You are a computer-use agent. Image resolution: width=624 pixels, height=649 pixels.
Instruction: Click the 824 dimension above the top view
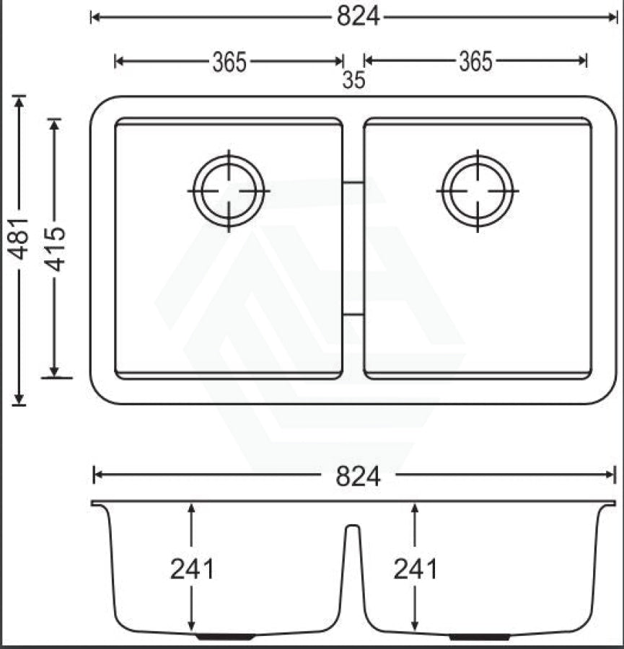[358, 17]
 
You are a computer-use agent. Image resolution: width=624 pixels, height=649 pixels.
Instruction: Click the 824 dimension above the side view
[358, 475]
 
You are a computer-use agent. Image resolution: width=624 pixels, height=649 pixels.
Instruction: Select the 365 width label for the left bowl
[229, 63]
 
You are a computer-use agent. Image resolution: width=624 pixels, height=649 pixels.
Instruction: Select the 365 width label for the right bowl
[475, 63]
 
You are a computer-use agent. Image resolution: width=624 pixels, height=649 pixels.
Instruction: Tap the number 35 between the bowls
[353, 81]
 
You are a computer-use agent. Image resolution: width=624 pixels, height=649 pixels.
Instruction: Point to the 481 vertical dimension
[19, 238]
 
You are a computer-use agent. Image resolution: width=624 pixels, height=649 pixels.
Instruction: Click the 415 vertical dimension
[55, 248]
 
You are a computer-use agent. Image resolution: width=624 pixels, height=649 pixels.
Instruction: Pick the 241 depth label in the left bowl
[192, 570]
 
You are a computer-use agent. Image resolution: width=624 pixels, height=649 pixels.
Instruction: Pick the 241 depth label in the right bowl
[416, 570]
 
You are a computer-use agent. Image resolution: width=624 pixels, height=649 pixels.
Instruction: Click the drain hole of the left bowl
[229, 191]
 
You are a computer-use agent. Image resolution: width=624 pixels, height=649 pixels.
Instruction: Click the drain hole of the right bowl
[478, 191]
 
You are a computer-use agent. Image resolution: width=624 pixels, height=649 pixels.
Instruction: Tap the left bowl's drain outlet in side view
[225, 637]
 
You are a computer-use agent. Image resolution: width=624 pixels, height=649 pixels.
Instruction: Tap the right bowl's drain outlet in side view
[479, 637]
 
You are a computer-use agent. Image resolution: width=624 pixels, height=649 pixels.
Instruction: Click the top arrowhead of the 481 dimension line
[19, 100]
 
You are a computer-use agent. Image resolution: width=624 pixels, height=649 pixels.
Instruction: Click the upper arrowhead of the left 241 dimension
[191, 508]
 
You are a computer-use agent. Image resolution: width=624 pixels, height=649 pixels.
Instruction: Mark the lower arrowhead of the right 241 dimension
[415, 627]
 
